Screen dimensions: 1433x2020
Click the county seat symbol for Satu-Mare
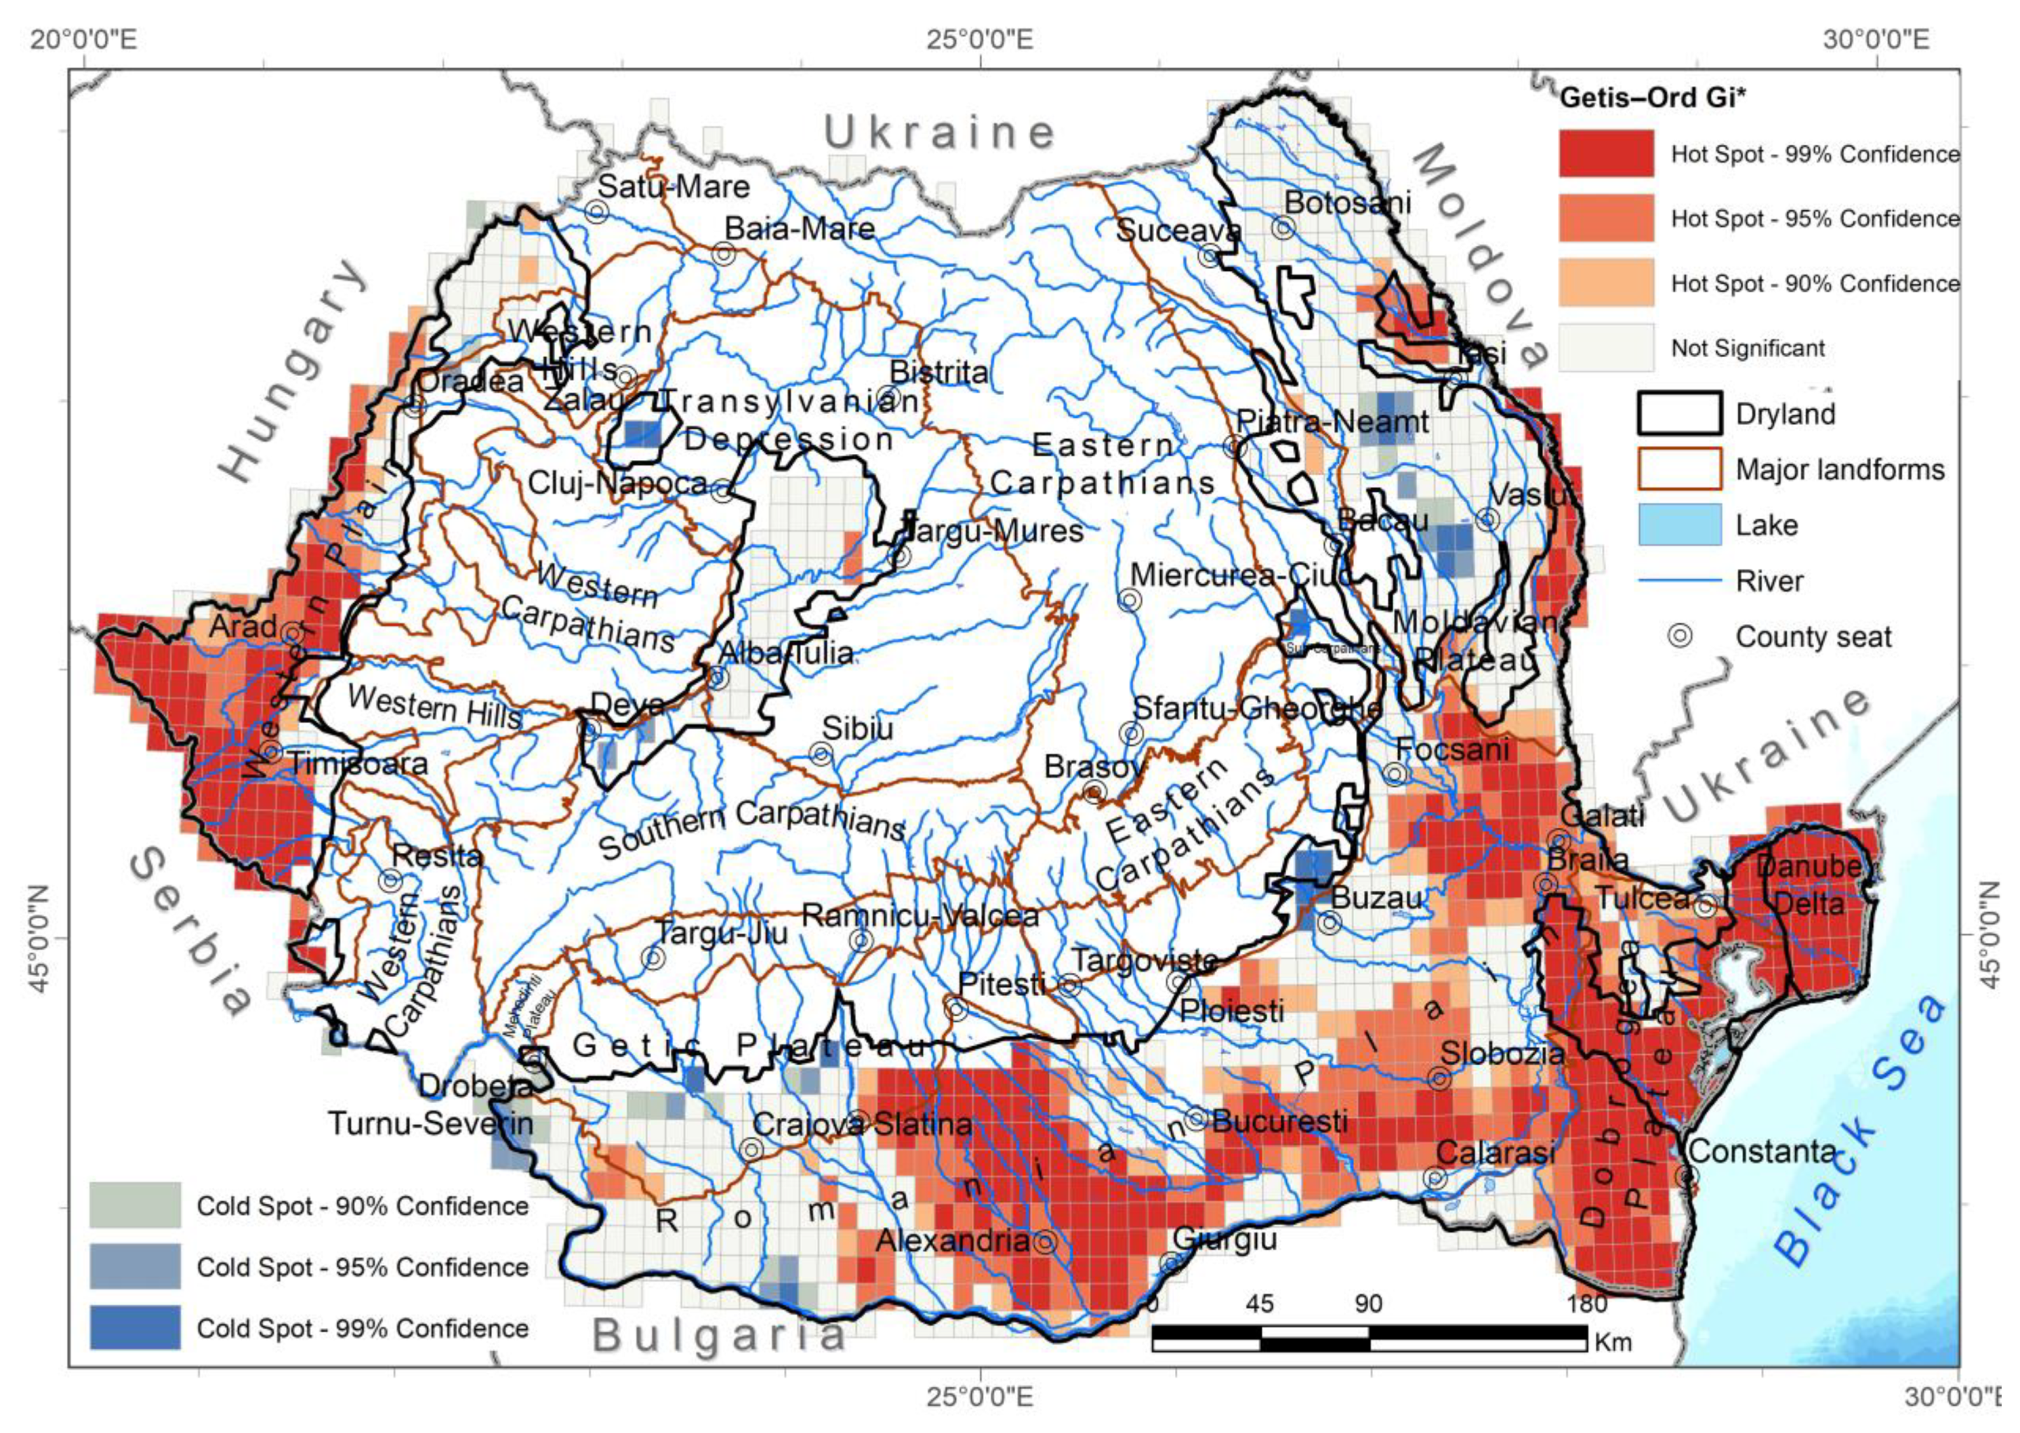(597, 211)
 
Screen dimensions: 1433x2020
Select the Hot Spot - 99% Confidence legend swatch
(1605, 153)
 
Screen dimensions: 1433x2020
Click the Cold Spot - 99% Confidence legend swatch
(135, 1328)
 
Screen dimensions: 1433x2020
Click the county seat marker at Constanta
(1687, 1176)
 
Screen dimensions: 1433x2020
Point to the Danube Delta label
(1809, 886)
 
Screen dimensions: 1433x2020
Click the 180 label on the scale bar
(1587, 1304)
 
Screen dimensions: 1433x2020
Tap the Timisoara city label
(358, 763)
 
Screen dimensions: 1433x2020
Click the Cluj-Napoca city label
(618, 483)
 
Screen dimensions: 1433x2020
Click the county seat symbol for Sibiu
(821, 754)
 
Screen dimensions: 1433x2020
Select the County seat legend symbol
(1680, 636)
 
